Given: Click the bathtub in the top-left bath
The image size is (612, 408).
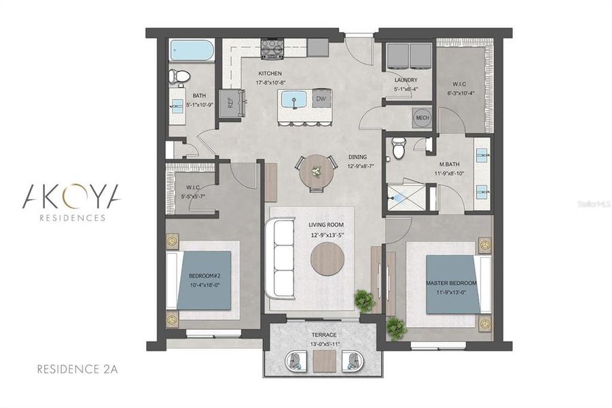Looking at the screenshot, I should point(192,50).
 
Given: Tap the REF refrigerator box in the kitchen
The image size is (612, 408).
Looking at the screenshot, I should point(230,104).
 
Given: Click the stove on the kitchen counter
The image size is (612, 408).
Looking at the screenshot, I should point(272,48).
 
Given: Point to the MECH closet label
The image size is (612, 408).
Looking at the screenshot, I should point(422,118).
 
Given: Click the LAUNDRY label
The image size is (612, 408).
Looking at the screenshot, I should point(406,80).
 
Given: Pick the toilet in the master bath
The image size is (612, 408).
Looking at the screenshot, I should point(399,146).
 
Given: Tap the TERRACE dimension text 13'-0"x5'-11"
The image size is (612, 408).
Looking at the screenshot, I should point(324,344).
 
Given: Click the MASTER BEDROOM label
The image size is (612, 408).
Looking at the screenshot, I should point(452,283).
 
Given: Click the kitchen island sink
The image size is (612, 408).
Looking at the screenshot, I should point(294,99).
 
